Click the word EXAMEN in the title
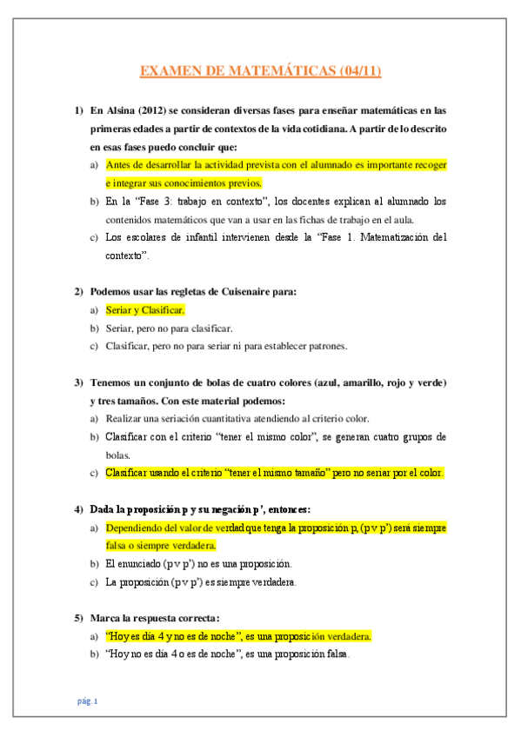pos(170,71)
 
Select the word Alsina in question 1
pos(121,110)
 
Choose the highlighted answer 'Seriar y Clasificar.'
pos(144,309)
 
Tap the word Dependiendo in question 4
pos(137,528)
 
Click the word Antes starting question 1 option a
pos(118,164)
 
